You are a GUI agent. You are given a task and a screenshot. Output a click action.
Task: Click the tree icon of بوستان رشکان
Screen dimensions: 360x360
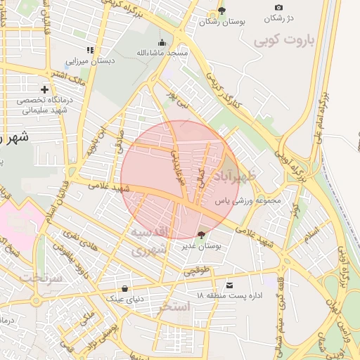pos(222,11)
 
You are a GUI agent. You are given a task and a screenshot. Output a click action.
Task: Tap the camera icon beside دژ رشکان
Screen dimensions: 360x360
pos(279,8)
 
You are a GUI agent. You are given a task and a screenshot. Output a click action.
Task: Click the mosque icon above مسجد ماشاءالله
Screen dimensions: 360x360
pos(163,41)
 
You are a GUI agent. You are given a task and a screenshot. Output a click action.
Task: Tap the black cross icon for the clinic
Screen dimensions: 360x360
pos(45,89)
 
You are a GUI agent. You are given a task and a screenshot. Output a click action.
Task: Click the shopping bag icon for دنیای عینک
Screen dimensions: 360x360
pos(125,288)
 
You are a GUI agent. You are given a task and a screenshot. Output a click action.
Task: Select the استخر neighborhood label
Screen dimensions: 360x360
pos(174,307)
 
